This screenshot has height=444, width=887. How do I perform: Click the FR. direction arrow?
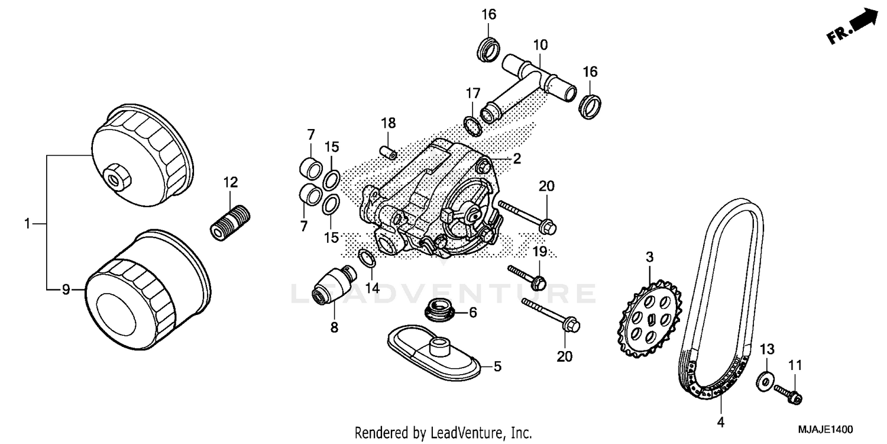tap(855, 26)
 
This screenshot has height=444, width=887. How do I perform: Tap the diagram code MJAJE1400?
tap(828, 429)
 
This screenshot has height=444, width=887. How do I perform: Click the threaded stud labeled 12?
tap(231, 222)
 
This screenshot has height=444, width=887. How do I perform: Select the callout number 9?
tap(66, 289)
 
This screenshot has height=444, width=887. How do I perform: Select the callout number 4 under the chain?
tap(721, 422)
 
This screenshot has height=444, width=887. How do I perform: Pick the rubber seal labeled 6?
tap(438, 310)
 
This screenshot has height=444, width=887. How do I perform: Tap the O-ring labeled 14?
tap(367, 258)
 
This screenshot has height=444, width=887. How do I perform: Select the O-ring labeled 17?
tap(471, 126)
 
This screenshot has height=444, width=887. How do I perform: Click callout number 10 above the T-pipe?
tap(540, 44)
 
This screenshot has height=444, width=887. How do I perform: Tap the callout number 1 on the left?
tap(27, 224)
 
